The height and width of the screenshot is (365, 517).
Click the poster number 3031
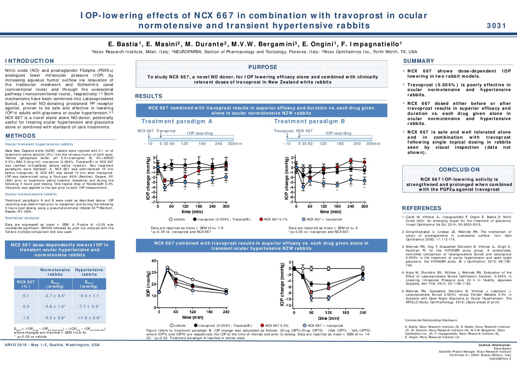point(496,26)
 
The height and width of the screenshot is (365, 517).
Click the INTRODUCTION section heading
point(30,61)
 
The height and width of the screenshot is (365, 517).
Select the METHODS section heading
point(21,136)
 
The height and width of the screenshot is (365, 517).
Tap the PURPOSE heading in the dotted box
point(262,67)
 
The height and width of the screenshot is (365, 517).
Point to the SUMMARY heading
point(419,61)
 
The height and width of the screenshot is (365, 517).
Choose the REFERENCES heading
point(422,208)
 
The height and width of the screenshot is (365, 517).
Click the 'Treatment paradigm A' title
point(177,121)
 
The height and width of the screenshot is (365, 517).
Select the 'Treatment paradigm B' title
point(309,121)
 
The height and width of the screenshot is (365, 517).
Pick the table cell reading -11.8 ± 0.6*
point(89,318)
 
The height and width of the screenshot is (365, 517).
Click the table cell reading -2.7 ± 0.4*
point(55,296)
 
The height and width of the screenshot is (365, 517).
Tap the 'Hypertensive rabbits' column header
point(89,272)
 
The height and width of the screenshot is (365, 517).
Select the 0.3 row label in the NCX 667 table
point(26,307)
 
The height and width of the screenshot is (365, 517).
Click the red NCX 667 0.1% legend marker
point(261,219)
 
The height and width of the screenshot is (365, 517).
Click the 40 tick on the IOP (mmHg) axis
point(154,261)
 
